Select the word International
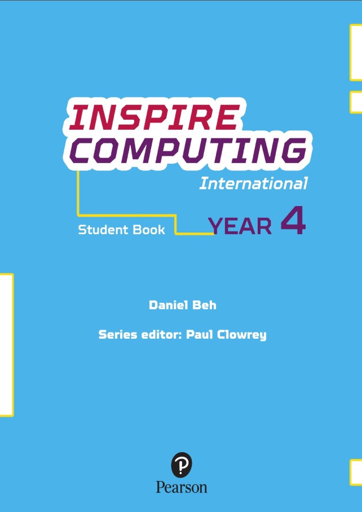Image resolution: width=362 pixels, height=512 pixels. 253,183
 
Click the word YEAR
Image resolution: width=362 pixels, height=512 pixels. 240,226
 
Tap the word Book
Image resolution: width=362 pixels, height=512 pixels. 149,230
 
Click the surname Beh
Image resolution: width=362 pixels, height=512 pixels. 205,305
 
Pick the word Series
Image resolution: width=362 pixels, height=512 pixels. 117,334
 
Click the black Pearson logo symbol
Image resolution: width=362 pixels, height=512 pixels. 182,466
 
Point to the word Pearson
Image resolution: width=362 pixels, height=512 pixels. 182,487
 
